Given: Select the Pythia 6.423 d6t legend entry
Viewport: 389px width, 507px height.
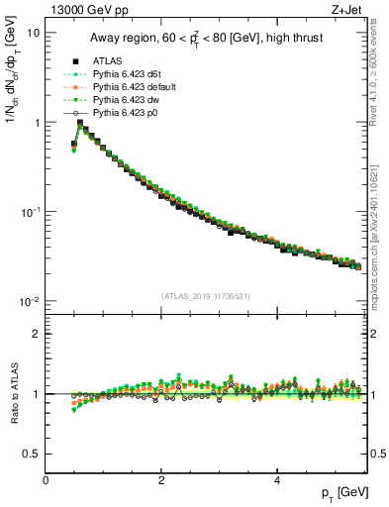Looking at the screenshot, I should [124, 75].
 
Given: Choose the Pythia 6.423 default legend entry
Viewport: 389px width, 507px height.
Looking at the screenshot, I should [129, 88].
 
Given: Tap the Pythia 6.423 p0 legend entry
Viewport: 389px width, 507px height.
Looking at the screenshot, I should [122, 114].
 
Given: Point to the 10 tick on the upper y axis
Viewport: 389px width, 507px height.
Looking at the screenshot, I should [33, 33].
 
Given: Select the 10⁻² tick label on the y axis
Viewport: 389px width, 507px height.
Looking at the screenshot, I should [30, 302].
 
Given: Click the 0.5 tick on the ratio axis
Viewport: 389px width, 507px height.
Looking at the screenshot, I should [30, 454].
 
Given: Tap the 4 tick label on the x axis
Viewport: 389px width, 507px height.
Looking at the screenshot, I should [276, 479].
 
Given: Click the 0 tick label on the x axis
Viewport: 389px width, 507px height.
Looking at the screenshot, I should [46, 479].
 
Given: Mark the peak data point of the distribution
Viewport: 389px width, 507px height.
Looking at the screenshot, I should [80, 124].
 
